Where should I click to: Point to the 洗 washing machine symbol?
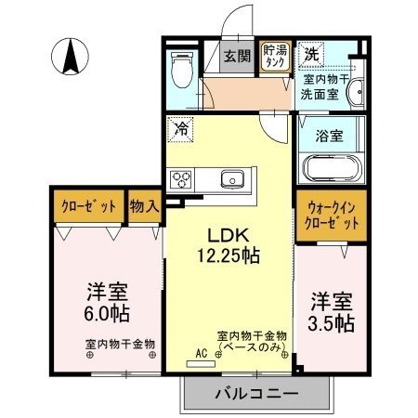tap(312, 54)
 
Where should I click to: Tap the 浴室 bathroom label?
tap(331, 136)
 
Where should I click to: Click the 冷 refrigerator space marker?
tap(181, 129)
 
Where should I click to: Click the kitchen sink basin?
tap(231, 178)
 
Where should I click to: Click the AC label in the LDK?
tap(200, 354)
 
